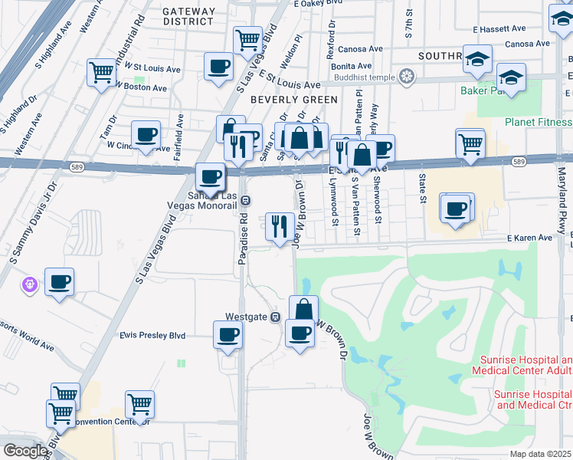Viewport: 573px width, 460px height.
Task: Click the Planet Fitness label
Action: click(x=538, y=122)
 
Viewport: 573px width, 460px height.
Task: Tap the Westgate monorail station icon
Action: click(x=275, y=317)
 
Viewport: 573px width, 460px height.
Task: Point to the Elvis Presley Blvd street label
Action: click(x=152, y=335)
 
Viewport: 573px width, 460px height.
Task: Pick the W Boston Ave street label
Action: click(x=142, y=88)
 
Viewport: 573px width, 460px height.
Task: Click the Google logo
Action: click(x=25, y=451)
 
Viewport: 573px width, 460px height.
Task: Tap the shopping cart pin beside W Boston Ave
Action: click(x=101, y=73)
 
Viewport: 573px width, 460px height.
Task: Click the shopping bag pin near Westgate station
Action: click(x=304, y=309)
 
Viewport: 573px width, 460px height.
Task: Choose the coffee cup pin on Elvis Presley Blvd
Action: click(x=228, y=335)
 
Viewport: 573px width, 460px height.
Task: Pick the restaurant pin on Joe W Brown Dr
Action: click(x=279, y=225)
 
